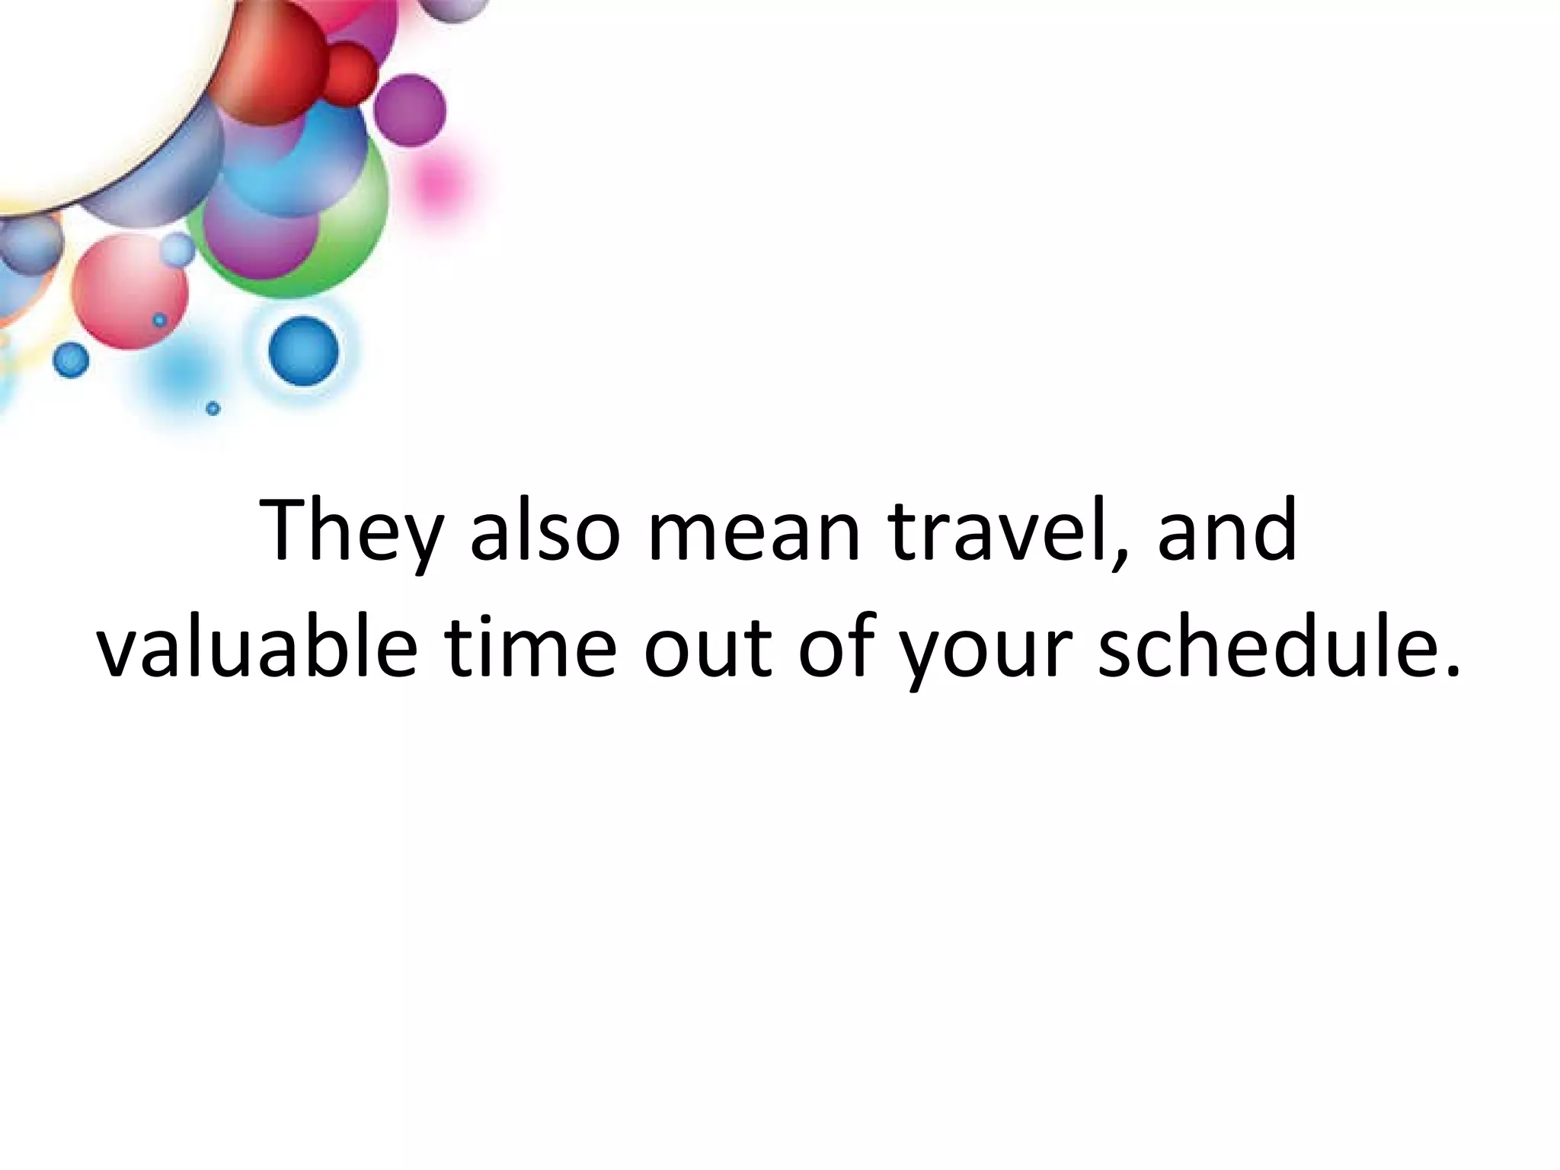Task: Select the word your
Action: [x=986, y=651]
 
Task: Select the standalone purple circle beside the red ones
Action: [x=410, y=110]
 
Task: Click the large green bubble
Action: [x=350, y=229]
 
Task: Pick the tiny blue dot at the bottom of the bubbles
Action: [x=213, y=408]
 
